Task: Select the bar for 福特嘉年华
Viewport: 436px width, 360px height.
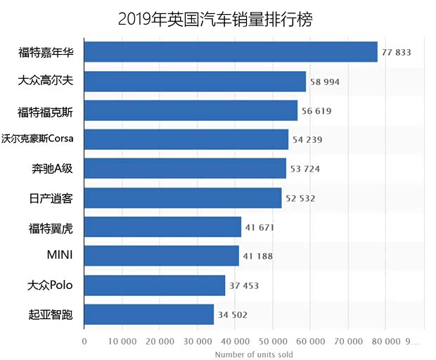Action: tap(231, 52)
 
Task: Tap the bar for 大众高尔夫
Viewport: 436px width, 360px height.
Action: tap(195, 82)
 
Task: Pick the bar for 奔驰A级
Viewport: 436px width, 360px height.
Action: tap(185, 169)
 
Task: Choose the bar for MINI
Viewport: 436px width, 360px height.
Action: tap(162, 256)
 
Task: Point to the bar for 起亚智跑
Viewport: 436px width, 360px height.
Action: tap(149, 314)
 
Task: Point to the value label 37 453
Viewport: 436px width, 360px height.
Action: tap(243, 285)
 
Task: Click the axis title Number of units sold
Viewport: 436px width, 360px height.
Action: tap(254, 354)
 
